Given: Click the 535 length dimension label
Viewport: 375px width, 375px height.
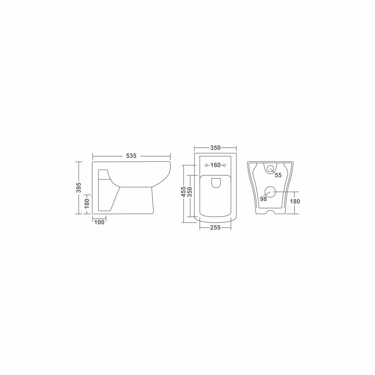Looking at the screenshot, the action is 131,156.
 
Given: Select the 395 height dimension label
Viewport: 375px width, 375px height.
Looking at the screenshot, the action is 79,187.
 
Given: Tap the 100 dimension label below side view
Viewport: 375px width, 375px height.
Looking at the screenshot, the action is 99,222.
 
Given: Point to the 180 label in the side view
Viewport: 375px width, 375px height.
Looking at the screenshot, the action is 87,203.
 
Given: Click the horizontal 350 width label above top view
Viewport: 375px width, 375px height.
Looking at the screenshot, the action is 215,148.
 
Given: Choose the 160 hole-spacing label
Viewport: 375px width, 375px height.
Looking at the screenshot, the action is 215,165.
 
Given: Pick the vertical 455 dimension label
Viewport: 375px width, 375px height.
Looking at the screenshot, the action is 184,191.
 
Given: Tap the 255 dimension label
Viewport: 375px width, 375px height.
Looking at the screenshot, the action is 215,228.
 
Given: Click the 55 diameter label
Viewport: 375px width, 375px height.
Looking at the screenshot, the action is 278,175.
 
